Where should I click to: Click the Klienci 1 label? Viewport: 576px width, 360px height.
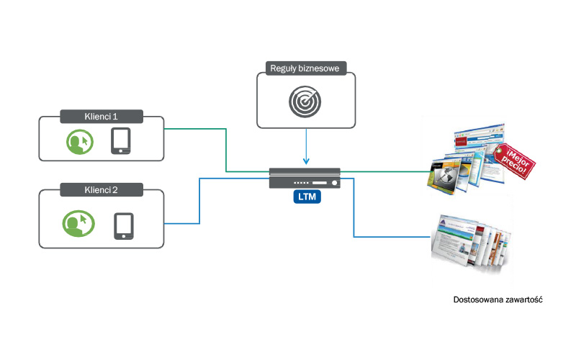[x=102, y=116]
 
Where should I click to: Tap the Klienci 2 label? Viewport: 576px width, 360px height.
[x=102, y=190]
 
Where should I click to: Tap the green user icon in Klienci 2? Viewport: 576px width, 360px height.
[x=77, y=223]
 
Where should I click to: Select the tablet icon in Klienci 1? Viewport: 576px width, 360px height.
[x=121, y=141]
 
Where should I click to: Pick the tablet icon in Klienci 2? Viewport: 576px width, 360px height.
[x=124, y=225]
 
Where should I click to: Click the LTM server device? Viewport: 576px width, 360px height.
[x=307, y=178]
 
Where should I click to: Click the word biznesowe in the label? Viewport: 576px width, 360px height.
[x=323, y=69]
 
